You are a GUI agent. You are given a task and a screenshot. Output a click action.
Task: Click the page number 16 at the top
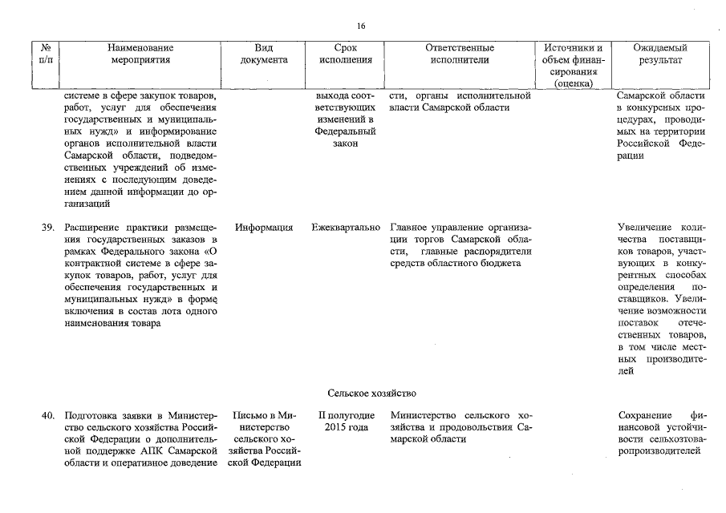pos(361,26)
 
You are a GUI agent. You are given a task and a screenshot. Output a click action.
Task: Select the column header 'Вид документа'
pos(264,54)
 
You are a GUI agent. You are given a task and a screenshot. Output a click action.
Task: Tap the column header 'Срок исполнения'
pos(345,54)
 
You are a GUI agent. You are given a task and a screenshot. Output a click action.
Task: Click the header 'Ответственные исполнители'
pos(460,54)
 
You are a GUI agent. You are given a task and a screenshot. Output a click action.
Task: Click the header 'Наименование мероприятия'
pos(141,54)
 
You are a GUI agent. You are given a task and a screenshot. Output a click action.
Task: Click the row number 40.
pos(47,415)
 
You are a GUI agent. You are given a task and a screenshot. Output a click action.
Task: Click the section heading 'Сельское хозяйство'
pos(371,394)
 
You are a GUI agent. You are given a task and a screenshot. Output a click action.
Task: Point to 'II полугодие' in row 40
pos(346,415)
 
